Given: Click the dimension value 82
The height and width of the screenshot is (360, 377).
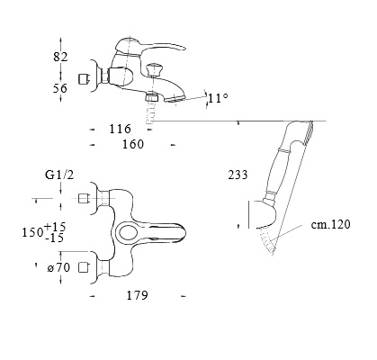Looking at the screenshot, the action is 60,57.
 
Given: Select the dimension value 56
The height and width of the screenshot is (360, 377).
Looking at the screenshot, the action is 60,88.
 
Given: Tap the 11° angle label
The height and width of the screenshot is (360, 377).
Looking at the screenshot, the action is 218,98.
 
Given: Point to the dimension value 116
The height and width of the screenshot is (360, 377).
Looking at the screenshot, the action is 120,129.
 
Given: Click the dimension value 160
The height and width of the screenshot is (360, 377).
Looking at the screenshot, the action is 133,144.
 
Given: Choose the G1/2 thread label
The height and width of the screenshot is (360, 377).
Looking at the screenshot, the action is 59,175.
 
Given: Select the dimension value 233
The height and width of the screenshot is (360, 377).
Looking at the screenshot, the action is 238,175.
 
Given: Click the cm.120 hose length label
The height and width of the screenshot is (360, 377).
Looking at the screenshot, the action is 330,224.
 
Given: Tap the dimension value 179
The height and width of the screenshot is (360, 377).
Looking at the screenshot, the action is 137,295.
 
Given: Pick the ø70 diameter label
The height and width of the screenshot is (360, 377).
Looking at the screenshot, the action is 58,267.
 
